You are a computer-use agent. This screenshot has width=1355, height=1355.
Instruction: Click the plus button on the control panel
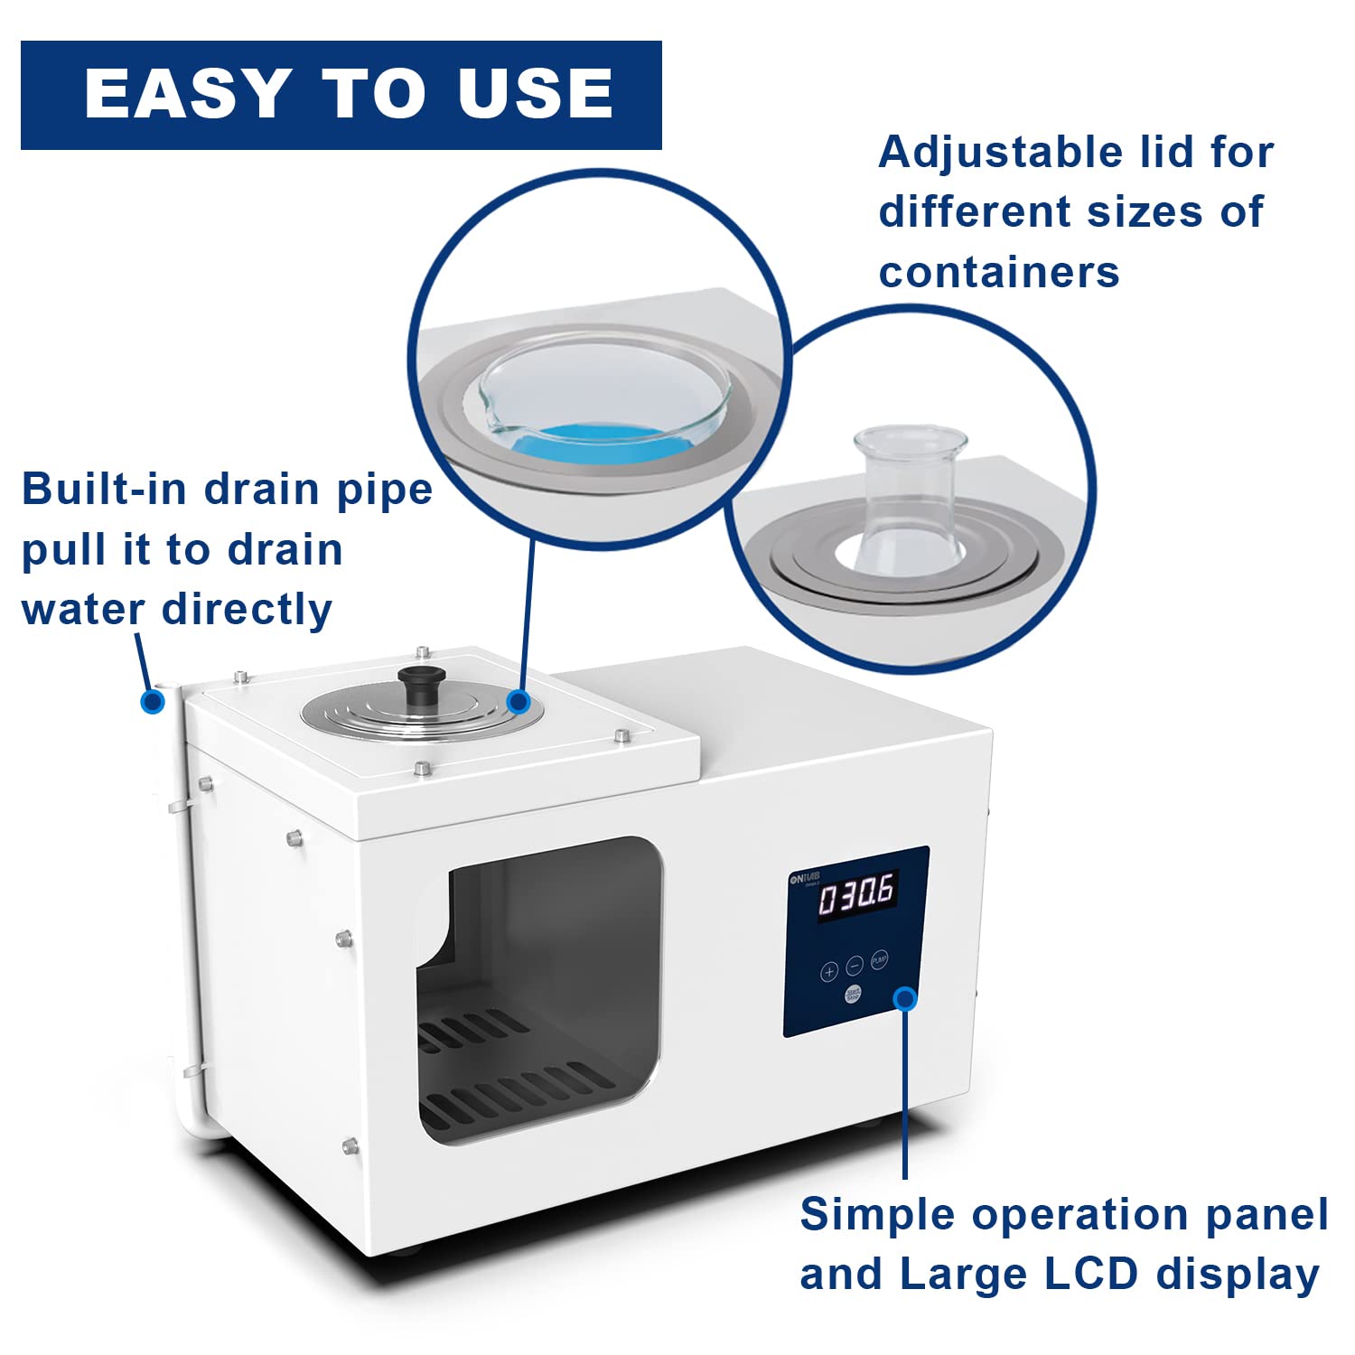point(828,972)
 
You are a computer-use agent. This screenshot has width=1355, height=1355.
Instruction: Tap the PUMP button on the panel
point(879,959)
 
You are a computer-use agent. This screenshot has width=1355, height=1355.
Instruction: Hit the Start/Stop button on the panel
point(853,995)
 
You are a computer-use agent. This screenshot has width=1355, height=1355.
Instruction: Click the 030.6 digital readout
point(856,895)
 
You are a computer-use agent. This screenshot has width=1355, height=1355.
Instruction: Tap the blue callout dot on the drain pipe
point(153,701)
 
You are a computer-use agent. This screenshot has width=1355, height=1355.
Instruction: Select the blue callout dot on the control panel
point(905,998)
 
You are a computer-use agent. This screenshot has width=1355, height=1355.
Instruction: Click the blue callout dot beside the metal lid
point(519,701)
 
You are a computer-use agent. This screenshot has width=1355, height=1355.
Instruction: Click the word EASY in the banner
point(186,94)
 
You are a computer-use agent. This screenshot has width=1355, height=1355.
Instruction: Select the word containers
point(998,272)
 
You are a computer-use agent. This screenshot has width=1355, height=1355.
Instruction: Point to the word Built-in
point(106,489)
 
